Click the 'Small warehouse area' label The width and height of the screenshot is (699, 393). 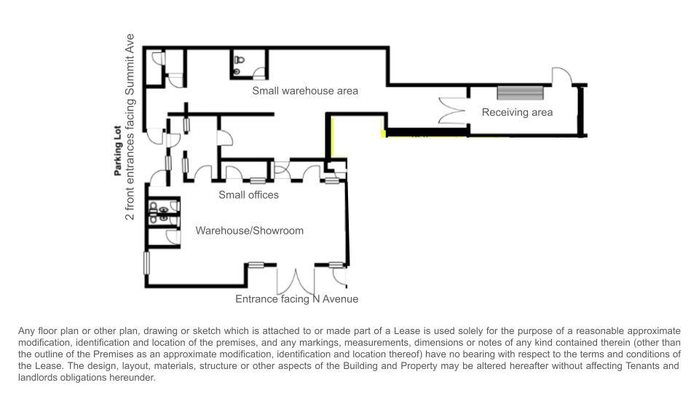[x=305, y=91]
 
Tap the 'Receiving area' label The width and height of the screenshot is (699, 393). [x=517, y=112]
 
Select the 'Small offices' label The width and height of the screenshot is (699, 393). [x=248, y=195]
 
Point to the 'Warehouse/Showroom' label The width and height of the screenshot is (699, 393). [x=249, y=231]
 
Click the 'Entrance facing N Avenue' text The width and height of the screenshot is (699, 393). [x=296, y=299]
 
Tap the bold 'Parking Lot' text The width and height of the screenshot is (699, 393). [x=118, y=151]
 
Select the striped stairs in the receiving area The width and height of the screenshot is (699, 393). [x=520, y=93]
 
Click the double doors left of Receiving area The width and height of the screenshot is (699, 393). [x=451, y=111]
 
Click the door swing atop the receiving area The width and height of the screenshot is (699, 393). [x=561, y=76]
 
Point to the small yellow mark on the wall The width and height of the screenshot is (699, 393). [x=383, y=133]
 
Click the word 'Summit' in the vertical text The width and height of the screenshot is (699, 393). [x=130, y=78]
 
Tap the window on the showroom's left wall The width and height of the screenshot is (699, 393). [x=146, y=263]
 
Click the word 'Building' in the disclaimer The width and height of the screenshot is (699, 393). [x=359, y=366]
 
